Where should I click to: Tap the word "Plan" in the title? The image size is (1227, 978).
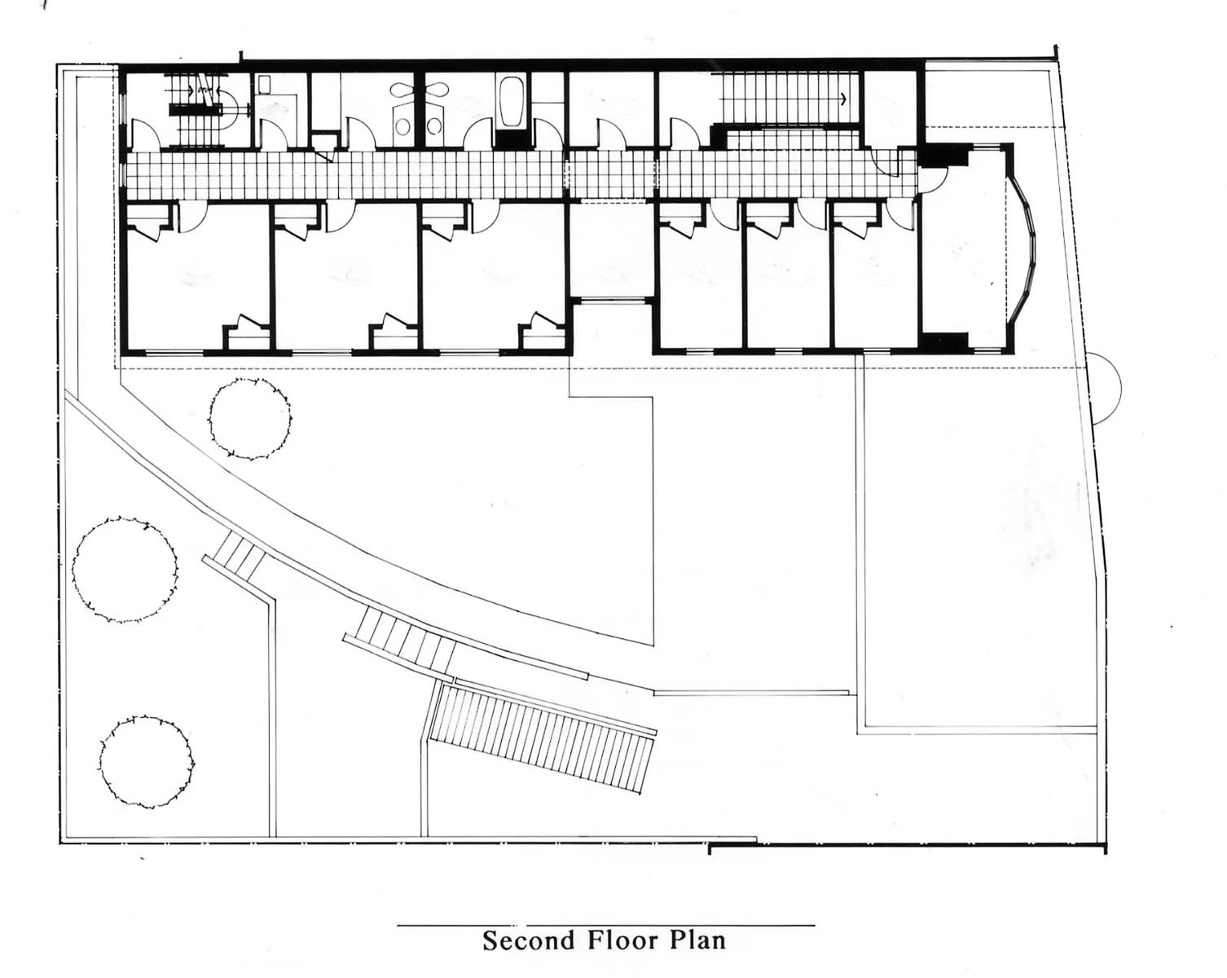(x=697, y=940)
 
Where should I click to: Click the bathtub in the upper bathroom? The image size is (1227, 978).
(x=510, y=102)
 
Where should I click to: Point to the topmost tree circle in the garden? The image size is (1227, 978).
(x=249, y=418)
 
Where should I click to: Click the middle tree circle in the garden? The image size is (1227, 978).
(x=125, y=570)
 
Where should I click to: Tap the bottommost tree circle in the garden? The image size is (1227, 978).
(x=148, y=761)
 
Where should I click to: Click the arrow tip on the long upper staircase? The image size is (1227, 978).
(x=843, y=99)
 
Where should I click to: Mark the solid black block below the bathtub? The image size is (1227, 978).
(x=511, y=139)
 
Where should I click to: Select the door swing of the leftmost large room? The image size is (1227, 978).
(x=192, y=218)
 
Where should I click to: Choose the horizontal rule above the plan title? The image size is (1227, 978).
(x=605, y=926)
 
